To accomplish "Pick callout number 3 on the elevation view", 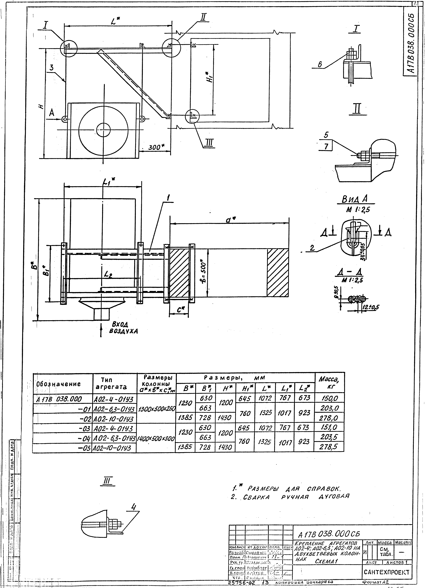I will point(52,68).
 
